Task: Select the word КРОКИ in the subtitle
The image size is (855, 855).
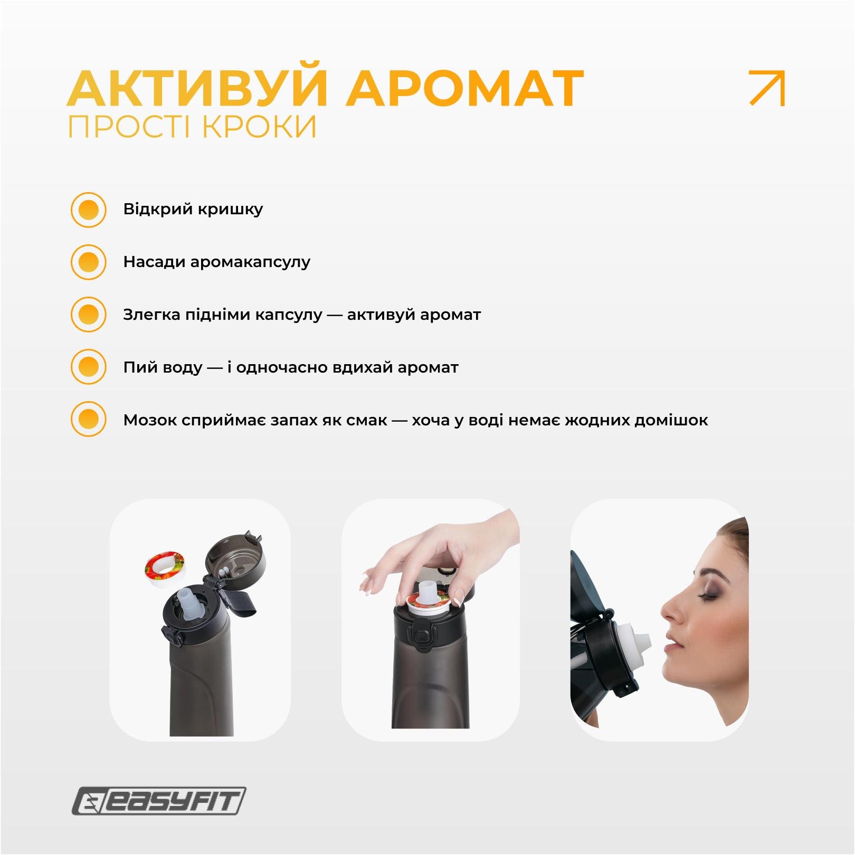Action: pyautogui.click(x=259, y=127)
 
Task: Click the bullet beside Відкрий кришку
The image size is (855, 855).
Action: pyautogui.click(x=88, y=210)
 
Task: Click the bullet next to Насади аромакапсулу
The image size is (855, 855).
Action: pyautogui.click(x=88, y=262)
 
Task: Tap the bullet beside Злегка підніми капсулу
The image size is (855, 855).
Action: pyautogui.click(x=88, y=315)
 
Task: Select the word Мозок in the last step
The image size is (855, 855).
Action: pyautogui.click(x=150, y=420)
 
